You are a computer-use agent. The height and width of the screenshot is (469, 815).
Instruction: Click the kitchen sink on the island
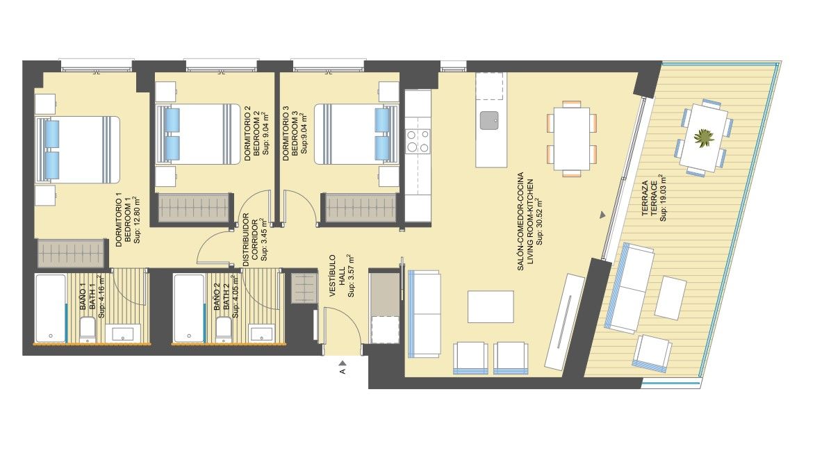(x=489, y=121)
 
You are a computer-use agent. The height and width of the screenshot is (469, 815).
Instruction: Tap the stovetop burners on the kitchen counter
(x=418, y=140)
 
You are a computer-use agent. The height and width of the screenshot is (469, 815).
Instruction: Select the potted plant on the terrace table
(x=703, y=138)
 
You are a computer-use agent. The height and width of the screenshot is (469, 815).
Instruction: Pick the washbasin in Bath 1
(x=123, y=333)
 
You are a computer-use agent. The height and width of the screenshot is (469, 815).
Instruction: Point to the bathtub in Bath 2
(x=189, y=308)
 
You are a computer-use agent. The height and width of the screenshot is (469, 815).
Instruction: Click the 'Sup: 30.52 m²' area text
(x=541, y=222)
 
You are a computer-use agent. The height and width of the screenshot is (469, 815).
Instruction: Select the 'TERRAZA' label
(x=645, y=198)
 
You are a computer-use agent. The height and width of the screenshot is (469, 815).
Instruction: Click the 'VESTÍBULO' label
(x=333, y=276)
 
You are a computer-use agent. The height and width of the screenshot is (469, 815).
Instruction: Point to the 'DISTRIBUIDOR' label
(x=245, y=240)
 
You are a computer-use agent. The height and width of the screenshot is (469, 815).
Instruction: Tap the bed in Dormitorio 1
(x=78, y=149)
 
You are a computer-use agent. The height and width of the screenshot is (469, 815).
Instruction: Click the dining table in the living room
(x=572, y=138)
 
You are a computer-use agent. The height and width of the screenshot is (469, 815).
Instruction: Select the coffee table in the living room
(x=491, y=307)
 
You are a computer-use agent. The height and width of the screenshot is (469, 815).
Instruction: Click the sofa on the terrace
(x=630, y=288)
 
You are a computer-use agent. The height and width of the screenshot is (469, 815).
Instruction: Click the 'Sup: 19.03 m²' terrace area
(x=664, y=198)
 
